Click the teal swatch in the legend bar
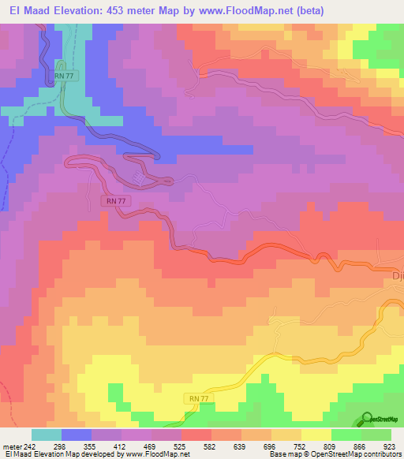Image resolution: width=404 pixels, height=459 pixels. point(47,435)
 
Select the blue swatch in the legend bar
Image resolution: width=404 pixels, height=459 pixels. point(77,435)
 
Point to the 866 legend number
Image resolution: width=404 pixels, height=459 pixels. point(361,446)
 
